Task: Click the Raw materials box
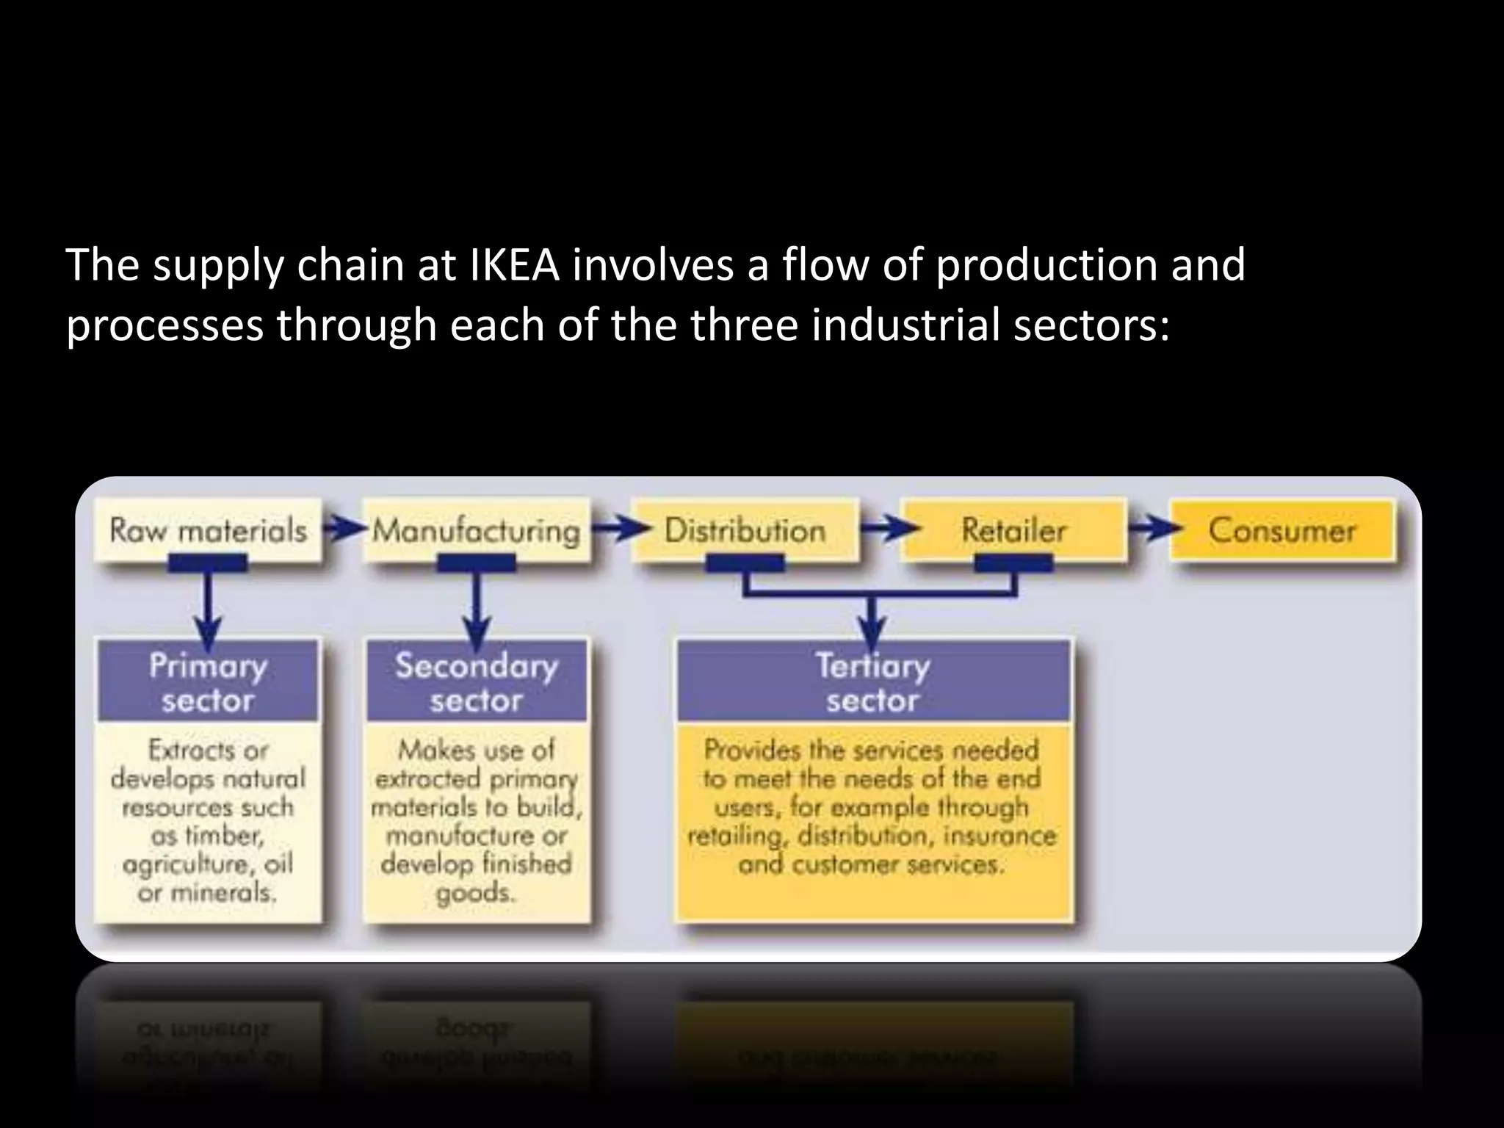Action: coord(208,530)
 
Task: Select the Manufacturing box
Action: coord(476,530)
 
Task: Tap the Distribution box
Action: coord(745,530)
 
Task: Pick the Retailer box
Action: coord(1013,530)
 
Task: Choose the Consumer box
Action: coord(1281,530)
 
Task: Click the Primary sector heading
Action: coord(208,682)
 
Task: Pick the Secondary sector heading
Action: coord(477,682)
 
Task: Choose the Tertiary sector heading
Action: coord(872,682)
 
